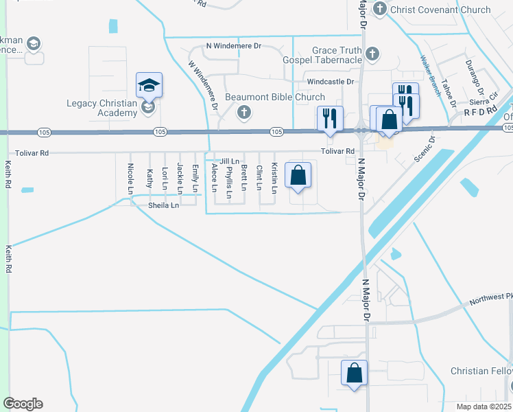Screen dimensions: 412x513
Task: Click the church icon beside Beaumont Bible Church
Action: click(242, 113)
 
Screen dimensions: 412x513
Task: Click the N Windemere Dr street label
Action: click(234, 46)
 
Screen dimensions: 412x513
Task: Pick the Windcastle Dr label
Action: click(330, 82)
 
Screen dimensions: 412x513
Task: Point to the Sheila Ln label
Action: click(163, 205)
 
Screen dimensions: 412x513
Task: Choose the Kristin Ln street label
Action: click(274, 178)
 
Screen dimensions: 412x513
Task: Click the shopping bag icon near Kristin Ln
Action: click(298, 176)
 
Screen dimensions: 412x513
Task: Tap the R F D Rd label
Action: click(479, 110)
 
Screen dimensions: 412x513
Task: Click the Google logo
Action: click(23, 404)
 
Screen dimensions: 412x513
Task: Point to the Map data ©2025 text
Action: click(484, 406)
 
